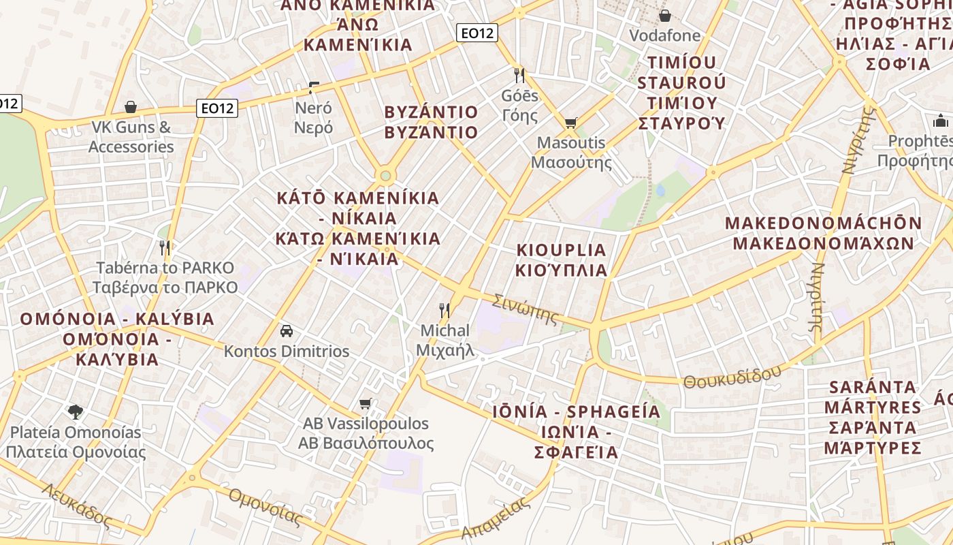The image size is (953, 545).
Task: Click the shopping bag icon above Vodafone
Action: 664,16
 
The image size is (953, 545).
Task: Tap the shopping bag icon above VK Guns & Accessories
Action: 131,107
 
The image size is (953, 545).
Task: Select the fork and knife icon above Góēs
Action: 519,75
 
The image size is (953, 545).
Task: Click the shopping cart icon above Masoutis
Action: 570,123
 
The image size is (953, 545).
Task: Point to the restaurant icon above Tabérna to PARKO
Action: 165,247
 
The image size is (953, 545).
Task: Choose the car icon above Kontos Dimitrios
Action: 287,331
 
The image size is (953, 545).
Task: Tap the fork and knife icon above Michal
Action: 445,311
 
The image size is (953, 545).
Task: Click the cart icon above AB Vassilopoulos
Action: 366,403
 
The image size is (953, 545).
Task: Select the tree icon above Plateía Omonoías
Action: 76,411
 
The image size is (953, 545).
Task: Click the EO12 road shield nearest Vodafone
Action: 477,33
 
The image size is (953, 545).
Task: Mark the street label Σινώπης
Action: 525,309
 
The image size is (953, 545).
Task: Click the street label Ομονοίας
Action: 265,507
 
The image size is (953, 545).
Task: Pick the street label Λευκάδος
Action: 76,505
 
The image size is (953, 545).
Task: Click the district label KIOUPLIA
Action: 562,249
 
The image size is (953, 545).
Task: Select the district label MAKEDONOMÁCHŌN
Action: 824,223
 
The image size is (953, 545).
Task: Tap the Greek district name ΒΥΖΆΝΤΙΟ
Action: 431,132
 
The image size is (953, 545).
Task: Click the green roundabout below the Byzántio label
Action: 386,176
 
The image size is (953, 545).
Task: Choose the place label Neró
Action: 313,108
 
